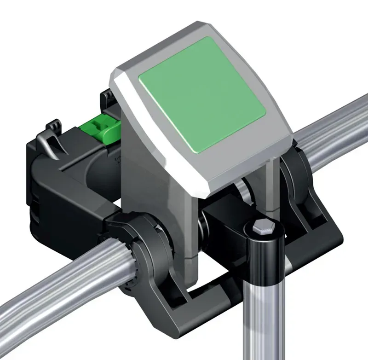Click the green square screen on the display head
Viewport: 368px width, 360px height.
click(202, 94)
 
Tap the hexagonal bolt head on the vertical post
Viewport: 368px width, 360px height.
click(262, 228)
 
